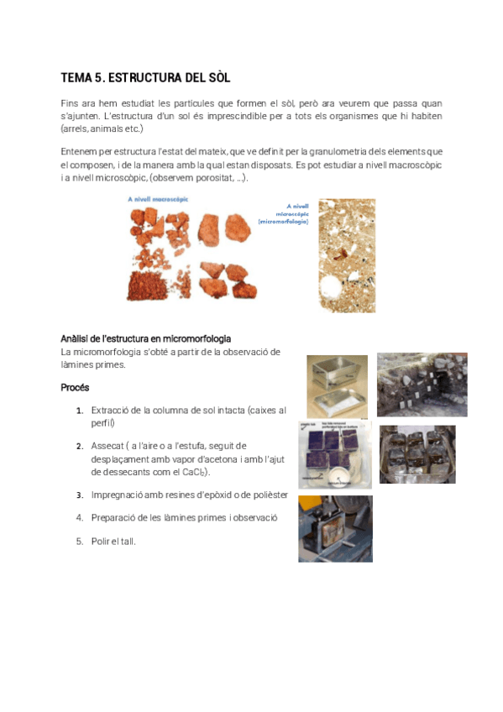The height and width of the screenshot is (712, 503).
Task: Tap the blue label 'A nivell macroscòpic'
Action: (x=158, y=199)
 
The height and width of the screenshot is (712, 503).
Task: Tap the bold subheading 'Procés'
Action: (x=75, y=388)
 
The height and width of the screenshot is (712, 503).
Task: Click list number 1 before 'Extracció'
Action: (x=79, y=411)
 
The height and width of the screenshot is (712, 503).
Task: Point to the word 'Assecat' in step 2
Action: (x=107, y=446)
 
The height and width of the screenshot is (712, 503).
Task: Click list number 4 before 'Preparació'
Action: (x=79, y=518)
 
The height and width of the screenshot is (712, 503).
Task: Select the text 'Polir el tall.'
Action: (x=113, y=542)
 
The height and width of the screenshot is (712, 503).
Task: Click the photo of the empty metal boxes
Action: (x=337, y=383)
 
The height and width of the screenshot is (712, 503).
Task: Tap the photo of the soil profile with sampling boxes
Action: (x=422, y=385)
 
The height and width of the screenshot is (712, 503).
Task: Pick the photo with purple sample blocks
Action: (x=335, y=454)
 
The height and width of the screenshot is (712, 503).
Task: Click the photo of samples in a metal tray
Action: (x=417, y=454)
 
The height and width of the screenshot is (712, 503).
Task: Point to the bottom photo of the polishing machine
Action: (x=335, y=528)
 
